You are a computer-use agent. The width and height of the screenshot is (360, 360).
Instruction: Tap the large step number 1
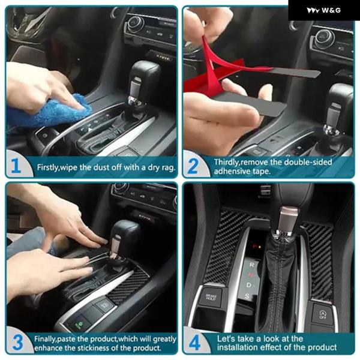16,166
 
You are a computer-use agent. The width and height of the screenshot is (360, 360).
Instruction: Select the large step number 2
193,166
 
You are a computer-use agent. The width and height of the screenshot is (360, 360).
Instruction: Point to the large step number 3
18,343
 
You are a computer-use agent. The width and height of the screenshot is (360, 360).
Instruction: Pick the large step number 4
194,343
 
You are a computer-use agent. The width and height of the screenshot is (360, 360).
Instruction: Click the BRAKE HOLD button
211,298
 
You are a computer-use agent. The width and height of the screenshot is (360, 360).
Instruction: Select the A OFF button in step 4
322,314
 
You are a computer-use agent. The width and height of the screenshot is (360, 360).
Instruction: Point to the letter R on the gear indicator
251,265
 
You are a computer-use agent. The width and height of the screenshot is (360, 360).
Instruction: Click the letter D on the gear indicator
249,285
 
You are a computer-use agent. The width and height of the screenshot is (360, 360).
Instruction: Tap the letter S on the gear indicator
247,296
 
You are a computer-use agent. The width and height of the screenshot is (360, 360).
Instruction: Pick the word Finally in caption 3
45,339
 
